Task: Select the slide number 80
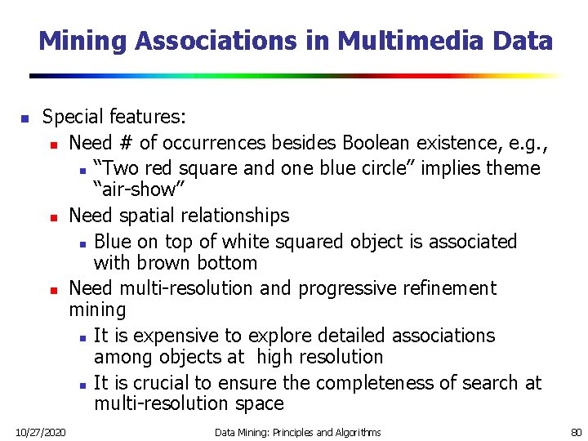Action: [x=575, y=431]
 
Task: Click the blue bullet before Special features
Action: [x=24, y=119]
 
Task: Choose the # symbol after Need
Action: [x=126, y=143]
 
